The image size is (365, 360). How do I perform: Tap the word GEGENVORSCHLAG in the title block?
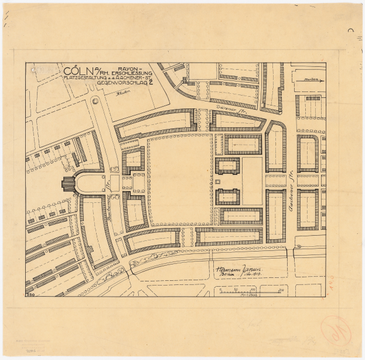coord(120,83)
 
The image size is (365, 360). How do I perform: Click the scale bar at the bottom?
coord(248,291)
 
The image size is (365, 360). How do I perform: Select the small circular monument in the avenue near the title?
coord(95,101)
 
